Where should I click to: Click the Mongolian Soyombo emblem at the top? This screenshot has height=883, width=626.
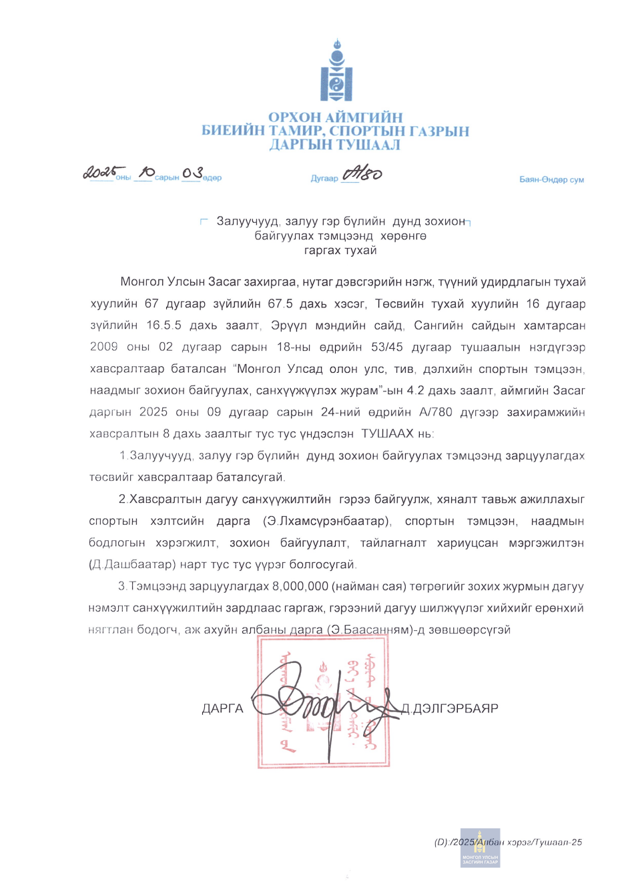pos(336,71)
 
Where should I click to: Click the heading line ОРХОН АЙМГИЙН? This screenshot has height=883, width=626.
pos(335,117)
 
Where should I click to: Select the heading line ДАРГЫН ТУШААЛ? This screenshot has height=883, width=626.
pos(335,145)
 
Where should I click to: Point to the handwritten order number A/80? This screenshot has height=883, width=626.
pos(362,173)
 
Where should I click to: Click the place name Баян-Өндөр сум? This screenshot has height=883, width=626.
pos(551,179)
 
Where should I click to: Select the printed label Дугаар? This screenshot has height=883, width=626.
pos(324,179)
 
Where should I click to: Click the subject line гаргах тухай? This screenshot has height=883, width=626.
pos(340,251)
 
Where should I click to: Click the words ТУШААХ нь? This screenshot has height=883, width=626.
pos(397,433)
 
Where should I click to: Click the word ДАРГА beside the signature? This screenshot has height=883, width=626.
pos(222,708)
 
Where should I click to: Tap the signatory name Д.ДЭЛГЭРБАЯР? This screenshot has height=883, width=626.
pos(450,708)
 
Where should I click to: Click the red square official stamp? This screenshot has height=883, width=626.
pos(323,701)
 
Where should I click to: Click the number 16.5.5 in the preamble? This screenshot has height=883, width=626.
pos(164,325)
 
